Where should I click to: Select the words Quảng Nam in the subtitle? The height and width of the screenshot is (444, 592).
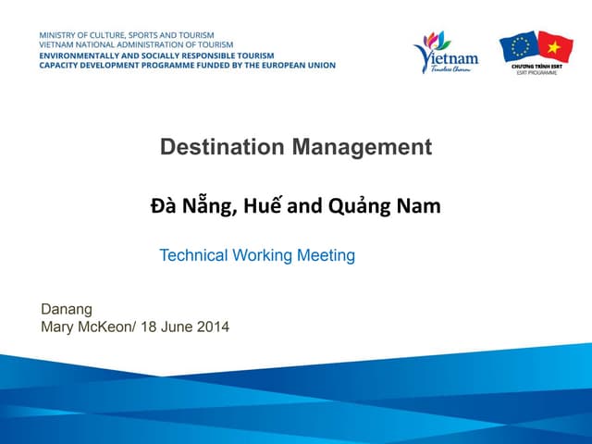coord(384,207)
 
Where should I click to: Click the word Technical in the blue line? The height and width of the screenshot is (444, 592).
coord(194,255)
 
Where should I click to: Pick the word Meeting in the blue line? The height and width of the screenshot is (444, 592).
coord(326,255)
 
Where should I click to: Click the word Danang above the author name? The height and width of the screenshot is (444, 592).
coord(67,309)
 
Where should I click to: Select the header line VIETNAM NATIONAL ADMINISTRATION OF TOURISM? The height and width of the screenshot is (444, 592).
coord(136,44)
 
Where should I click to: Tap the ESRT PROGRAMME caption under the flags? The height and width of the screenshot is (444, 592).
coord(537,72)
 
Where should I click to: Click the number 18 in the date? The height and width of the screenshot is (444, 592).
coord(149,327)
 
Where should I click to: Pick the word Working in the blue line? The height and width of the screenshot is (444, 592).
coord(262,255)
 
